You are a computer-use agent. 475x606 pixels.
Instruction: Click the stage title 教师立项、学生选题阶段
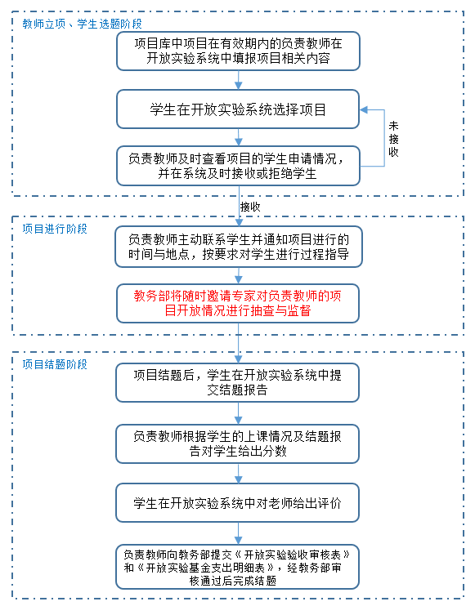[82, 24]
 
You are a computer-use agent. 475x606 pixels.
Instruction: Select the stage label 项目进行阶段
[55, 229]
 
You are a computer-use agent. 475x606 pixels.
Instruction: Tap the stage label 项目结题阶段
[55, 364]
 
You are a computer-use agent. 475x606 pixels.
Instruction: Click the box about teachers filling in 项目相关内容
[238, 51]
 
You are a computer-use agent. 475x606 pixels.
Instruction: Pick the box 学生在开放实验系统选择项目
[238, 109]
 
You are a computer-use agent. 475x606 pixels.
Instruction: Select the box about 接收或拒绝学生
[238, 166]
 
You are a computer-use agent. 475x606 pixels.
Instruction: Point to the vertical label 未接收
[393, 139]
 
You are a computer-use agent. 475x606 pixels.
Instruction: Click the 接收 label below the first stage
[250, 207]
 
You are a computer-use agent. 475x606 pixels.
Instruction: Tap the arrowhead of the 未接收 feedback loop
[364, 109]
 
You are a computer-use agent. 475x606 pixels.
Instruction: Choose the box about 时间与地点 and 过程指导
[239, 247]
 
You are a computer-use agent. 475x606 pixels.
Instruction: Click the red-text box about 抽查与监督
[238, 303]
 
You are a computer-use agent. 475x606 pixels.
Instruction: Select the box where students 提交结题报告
[237, 382]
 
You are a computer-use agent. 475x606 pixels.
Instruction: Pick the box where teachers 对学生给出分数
[237, 443]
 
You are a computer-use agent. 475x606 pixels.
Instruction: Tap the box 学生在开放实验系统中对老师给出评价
[237, 503]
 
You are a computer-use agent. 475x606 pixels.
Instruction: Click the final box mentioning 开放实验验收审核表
[237, 567]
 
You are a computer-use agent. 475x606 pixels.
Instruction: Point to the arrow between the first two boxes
[239, 80]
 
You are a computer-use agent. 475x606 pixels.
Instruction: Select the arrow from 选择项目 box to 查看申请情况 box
[239, 137]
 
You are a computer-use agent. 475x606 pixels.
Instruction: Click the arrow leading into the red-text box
[239, 275]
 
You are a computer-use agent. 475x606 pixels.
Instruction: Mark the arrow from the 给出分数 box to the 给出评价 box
[238, 474]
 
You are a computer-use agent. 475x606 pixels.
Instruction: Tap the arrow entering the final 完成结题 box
[238, 533]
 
